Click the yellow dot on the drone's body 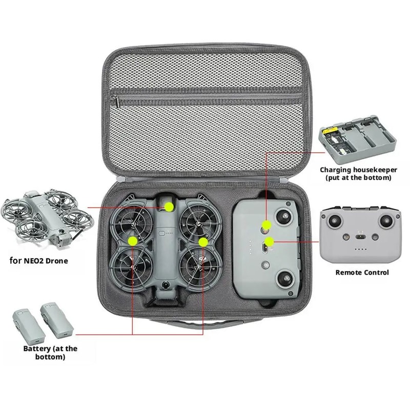tap(169, 206)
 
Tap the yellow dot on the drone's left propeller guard tap(133, 240)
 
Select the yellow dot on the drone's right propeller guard tap(203, 240)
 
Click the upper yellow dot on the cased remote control tap(266, 224)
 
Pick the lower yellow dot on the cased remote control tap(269, 240)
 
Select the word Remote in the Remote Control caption tap(348, 273)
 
